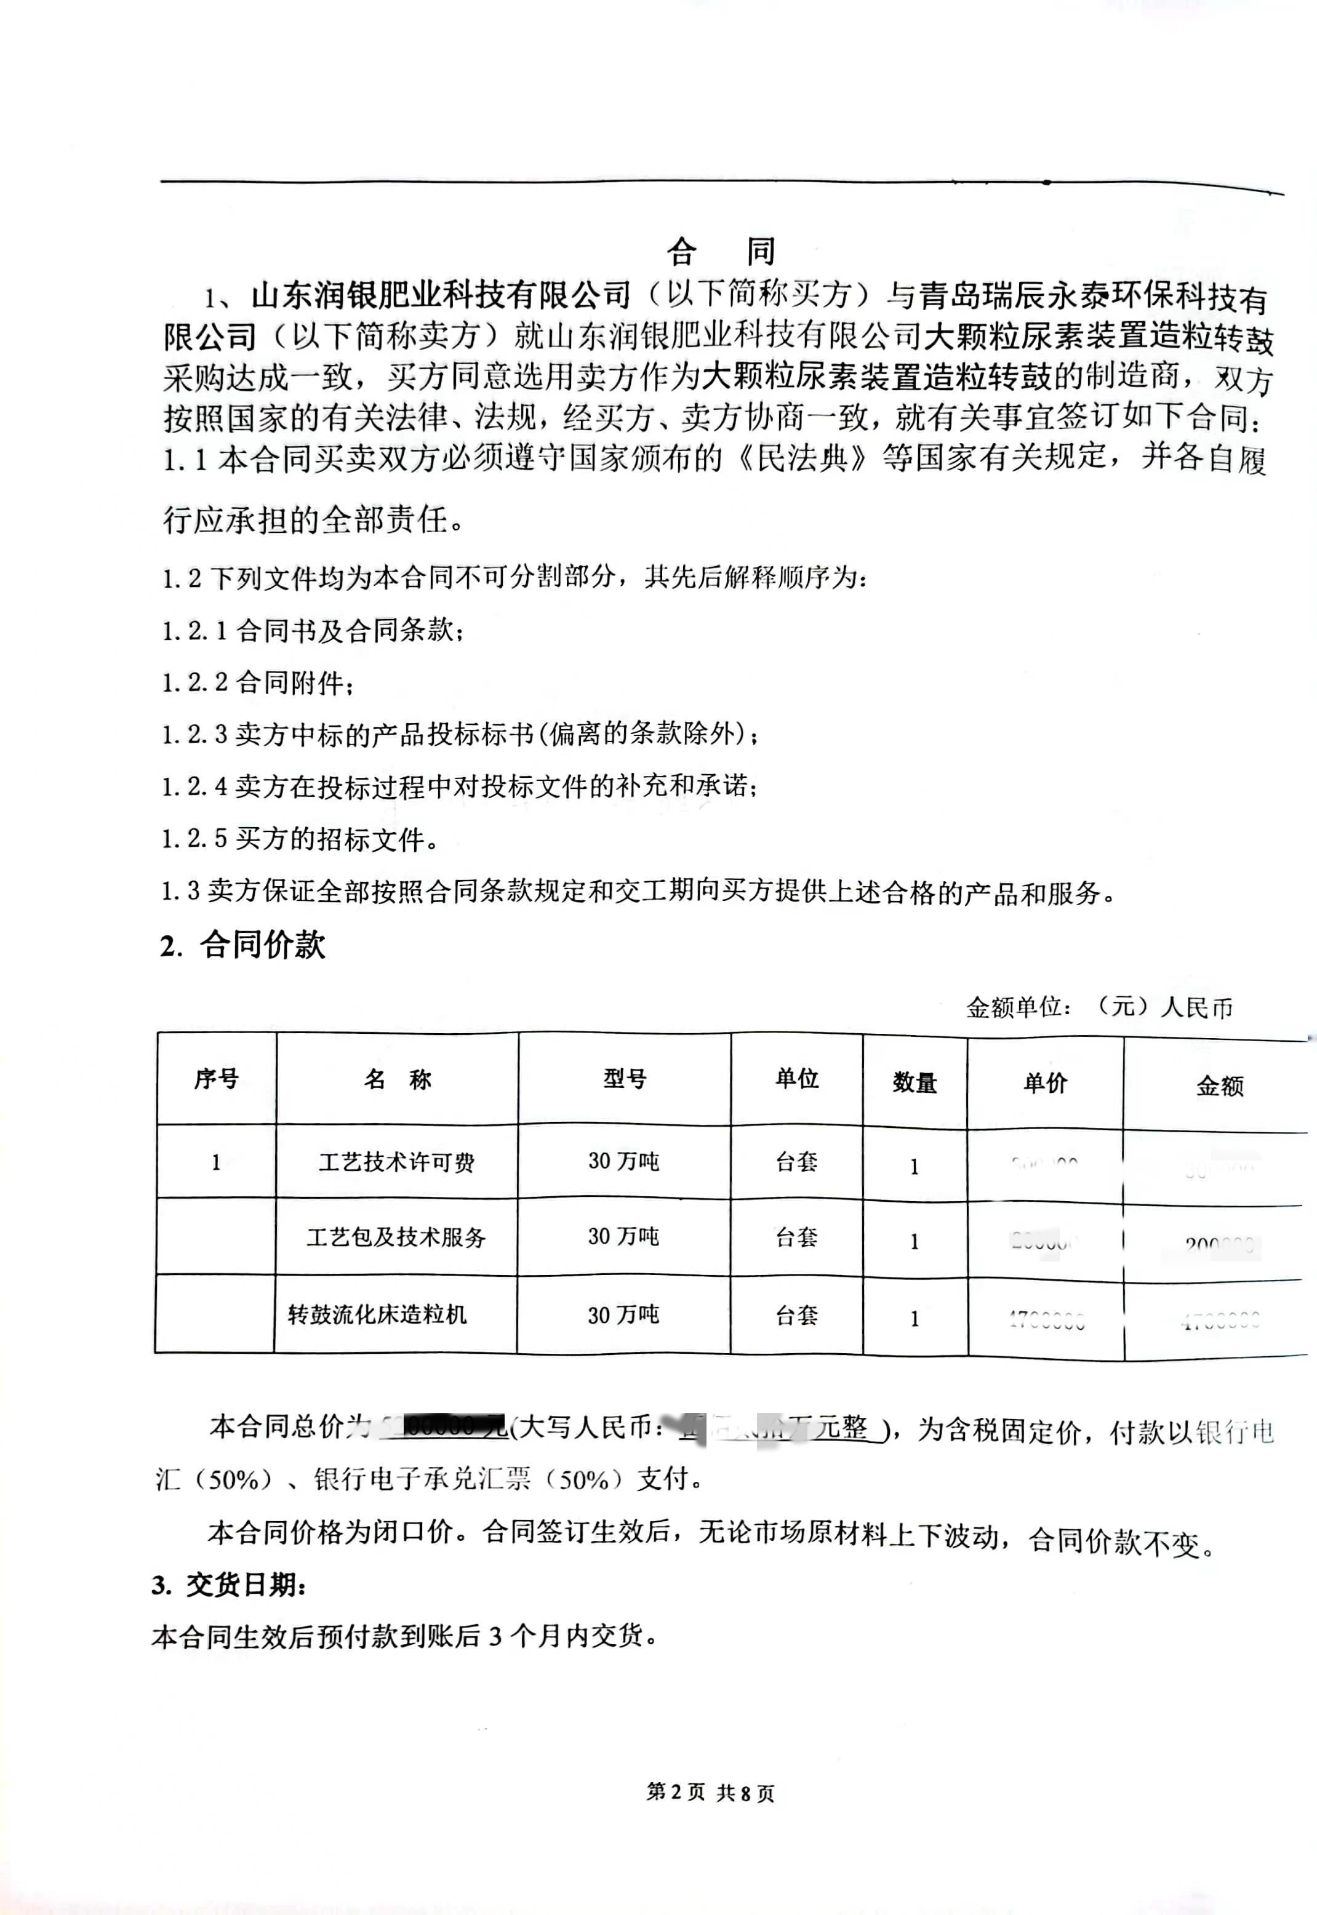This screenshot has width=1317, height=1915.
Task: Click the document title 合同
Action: [x=721, y=252]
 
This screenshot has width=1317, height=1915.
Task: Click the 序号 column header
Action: [x=216, y=1078]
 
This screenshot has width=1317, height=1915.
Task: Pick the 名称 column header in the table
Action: [x=397, y=1079]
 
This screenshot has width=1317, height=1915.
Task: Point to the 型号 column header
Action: [x=624, y=1078]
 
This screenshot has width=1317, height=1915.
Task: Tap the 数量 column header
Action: [x=915, y=1082]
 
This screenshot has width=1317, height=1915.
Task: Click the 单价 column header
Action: [x=1045, y=1082]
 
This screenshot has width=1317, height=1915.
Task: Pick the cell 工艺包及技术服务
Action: [x=396, y=1237]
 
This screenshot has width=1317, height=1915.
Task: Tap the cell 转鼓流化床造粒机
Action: [x=377, y=1314]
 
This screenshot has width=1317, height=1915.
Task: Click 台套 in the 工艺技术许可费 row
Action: [x=796, y=1162]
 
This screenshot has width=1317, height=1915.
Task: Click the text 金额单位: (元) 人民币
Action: [x=1099, y=1007]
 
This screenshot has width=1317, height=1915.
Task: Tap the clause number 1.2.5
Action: [x=194, y=839]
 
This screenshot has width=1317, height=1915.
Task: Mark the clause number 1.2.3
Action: [x=194, y=734]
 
